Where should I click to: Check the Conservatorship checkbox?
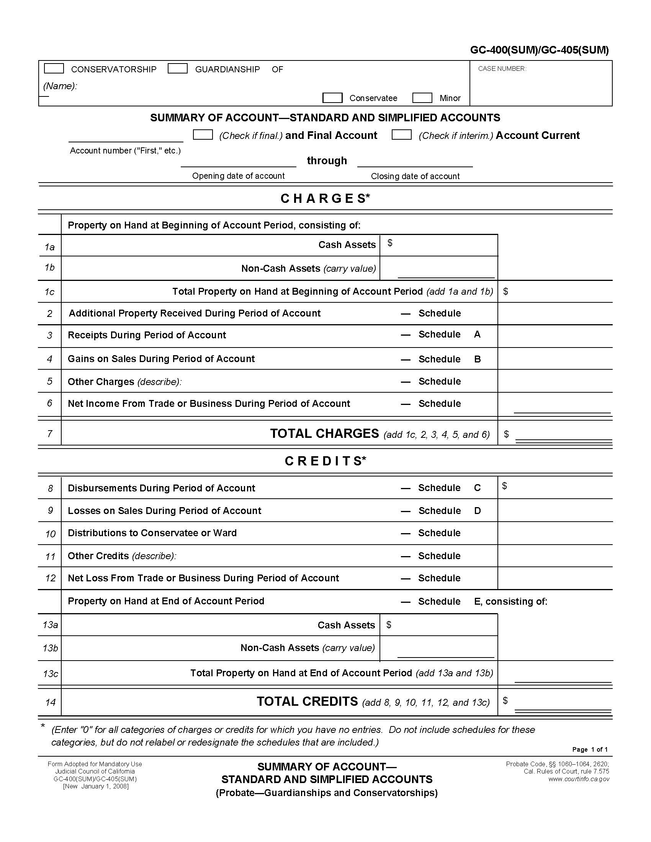[x=54, y=69]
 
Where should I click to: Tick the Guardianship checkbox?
[x=178, y=69]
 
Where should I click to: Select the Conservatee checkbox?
[x=332, y=98]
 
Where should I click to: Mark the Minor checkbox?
[x=422, y=98]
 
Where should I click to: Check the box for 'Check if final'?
[x=203, y=135]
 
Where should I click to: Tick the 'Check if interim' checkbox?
[x=401, y=135]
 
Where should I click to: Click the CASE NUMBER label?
[x=502, y=69]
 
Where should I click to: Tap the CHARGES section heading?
[x=325, y=199]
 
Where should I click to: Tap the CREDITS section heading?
[x=325, y=461]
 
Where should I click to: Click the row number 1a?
[x=49, y=247]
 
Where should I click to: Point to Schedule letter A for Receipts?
[x=478, y=335]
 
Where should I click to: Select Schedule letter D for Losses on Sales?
[x=478, y=511]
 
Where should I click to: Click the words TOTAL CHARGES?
[x=324, y=434]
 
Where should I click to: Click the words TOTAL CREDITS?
[x=308, y=702]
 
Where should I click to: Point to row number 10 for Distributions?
[x=50, y=534]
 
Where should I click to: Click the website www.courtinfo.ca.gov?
[x=579, y=779]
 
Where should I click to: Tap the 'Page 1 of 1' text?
[x=590, y=749]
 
